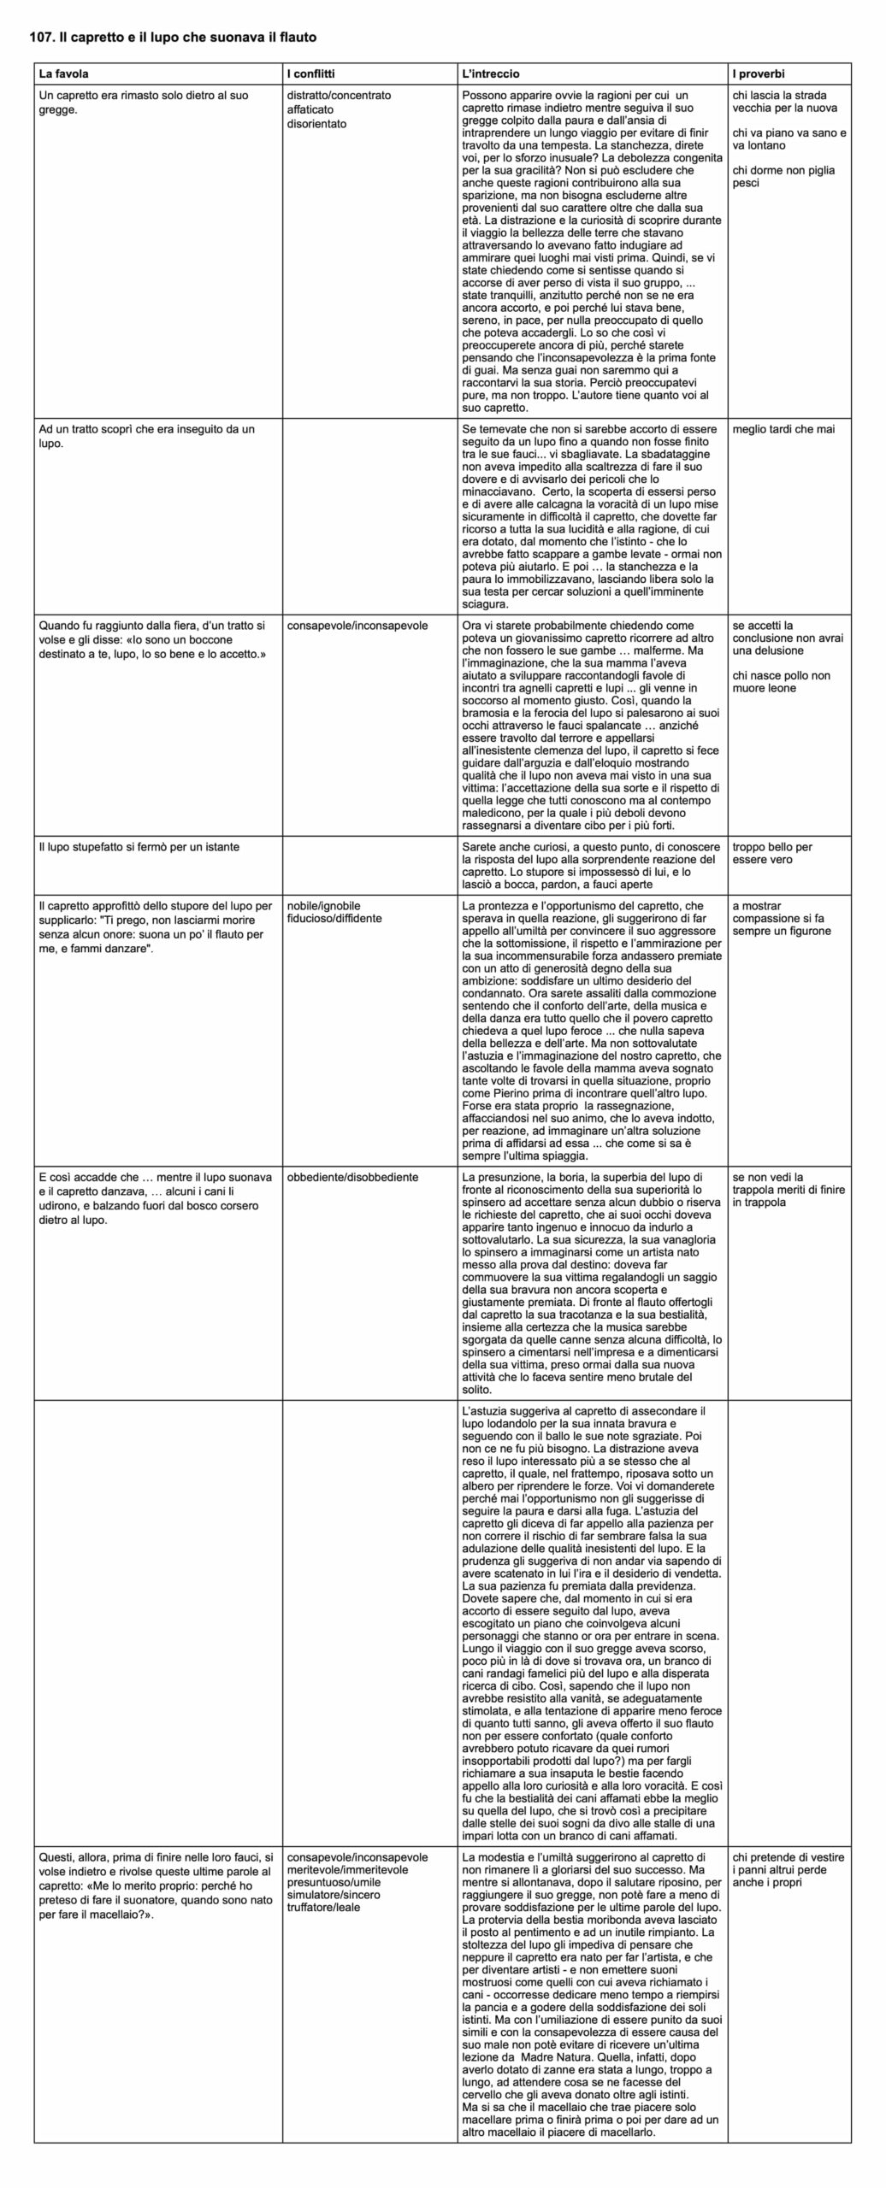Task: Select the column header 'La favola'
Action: pyautogui.click(x=63, y=74)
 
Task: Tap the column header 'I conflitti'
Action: pyautogui.click(x=311, y=74)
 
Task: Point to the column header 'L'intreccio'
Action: pyautogui.click(x=490, y=74)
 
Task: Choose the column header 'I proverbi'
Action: pyautogui.click(x=759, y=74)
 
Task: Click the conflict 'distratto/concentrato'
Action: pyautogui.click(x=339, y=96)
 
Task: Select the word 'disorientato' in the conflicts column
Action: pyautogui.click(x=316, y=124)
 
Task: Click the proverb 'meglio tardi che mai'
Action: pyautogui.click(x=783, y=429)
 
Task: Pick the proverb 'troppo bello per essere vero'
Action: pyautogui.click(x=772, y=853)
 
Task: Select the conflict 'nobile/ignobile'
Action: pyautogui.click(x=323, y=906)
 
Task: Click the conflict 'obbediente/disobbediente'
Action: pyautogui.click(x=352, y=1177)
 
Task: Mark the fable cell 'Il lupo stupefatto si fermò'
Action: pyautogui.click(x=139, y=847)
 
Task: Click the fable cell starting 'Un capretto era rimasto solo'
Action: pyautogui.click(x=144, y=103)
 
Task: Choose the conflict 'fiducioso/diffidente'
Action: pyautogui.click(x=334, y=919)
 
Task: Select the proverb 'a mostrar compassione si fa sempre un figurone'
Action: pyautogui.click(x=782, y=919)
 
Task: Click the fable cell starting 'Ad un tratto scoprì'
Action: pyautogui.click(x=147, y=436)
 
